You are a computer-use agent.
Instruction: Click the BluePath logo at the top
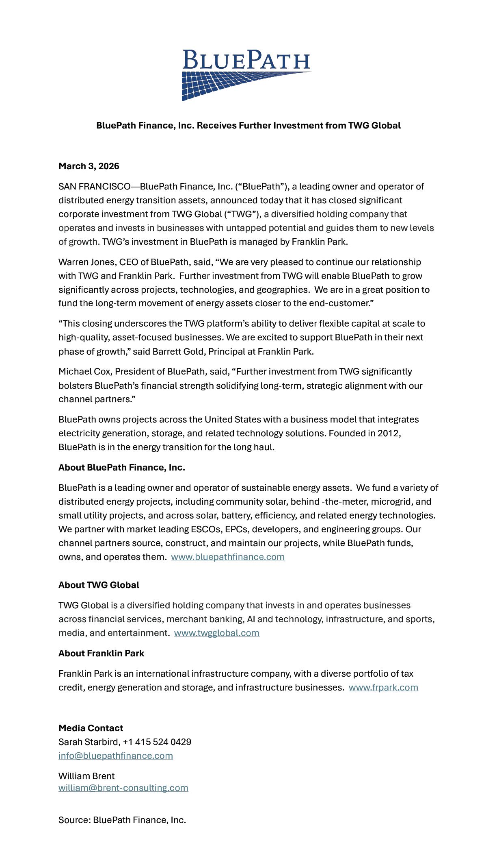point(246,75)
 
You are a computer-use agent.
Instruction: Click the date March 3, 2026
point(89,166)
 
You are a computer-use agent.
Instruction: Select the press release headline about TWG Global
point(248,125)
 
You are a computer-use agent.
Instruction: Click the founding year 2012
point(388,433)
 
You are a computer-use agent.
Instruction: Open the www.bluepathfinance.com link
point(228,557)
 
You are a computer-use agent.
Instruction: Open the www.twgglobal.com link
point(216,633)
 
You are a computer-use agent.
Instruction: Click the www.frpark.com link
point(383,687)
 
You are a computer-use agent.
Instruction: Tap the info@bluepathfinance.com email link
point(116,756)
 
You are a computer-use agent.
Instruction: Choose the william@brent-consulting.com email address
point(123,788)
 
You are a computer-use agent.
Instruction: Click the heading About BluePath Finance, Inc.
point(122,467)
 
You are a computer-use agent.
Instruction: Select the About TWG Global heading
point(99,585)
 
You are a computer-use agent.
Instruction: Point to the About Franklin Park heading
point(102,653)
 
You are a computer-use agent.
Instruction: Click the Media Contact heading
point(91,728)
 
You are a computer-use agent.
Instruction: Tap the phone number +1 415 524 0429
point(157,742)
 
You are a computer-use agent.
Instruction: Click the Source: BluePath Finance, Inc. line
point(122,820)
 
